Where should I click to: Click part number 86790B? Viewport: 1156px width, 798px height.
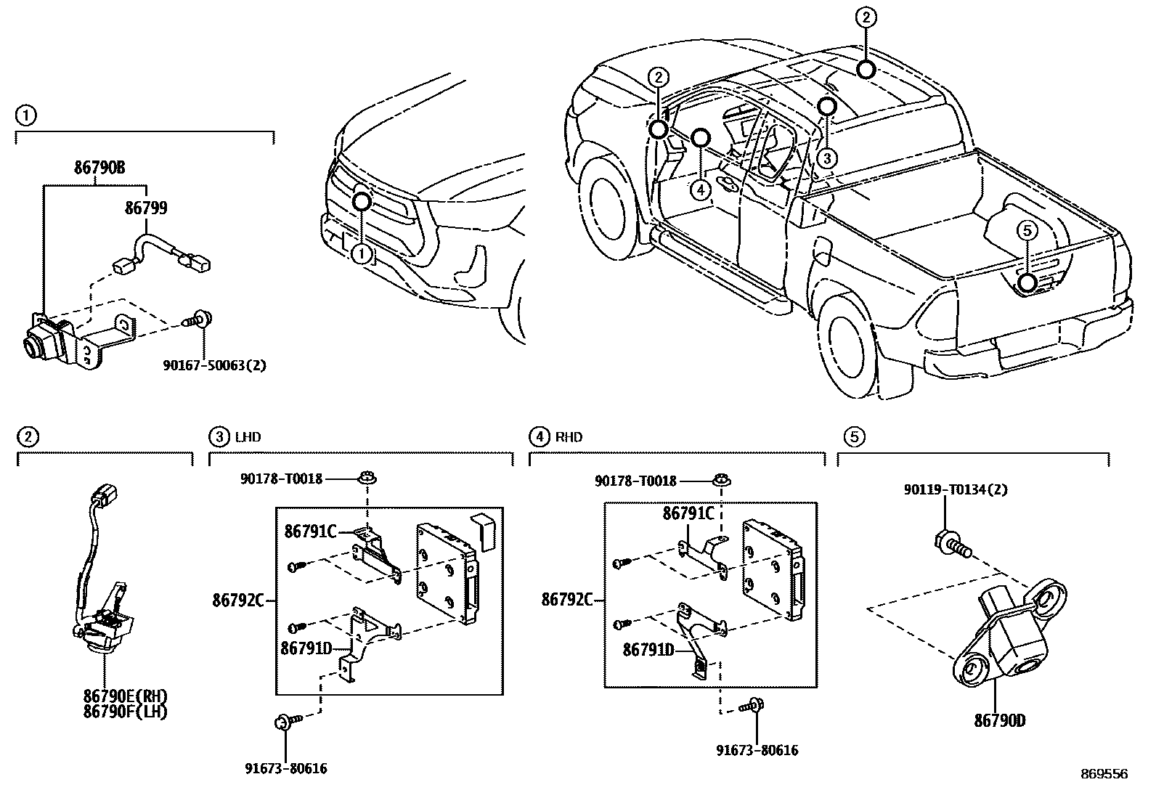(x=99, y=168)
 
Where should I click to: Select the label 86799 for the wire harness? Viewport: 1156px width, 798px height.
(x=146, y=208)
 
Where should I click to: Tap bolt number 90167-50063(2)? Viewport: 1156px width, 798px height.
(x=214, y=365)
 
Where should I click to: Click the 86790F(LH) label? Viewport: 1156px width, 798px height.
(x=125, y=712)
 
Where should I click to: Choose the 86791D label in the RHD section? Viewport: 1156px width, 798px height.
(x=648, y=651)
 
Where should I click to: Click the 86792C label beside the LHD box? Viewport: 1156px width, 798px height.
(x=237, y=600)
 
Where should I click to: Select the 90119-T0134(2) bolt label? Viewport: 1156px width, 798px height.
(x=956, y=490)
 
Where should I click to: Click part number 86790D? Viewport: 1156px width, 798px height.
(x=999, y=721)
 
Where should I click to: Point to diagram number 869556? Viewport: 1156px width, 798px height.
(x=1104, y=774)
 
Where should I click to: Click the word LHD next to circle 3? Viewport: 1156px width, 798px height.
(x=248, y=437)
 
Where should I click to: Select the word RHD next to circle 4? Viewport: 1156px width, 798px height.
(x=569, y=437)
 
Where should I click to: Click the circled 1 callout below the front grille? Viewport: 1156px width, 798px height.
(x=361, y=253)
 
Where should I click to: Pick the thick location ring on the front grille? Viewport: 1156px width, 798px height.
(x=362, y=201)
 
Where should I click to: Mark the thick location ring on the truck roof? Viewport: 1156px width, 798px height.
(x=865, y=69)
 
